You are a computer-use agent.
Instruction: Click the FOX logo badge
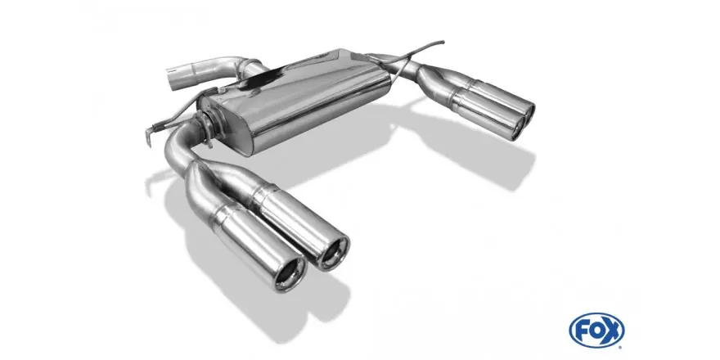tap(596, 331)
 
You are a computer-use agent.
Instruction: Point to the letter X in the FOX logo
tap(612, 331)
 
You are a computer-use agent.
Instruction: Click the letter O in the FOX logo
tap(596, 331)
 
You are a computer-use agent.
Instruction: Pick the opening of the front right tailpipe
tap(333, 253)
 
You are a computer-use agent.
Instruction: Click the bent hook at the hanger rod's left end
tap(148, 135)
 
